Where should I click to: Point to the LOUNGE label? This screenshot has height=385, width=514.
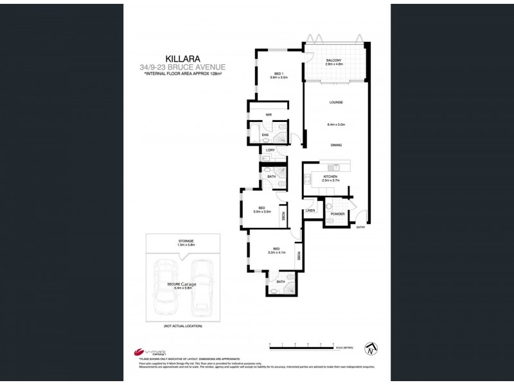tap(336, 103)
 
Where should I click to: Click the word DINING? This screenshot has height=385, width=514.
tap(336, 146)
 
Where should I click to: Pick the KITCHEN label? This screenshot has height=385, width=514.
tap(331, 176)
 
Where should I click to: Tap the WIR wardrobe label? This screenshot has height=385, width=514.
tap(261, 115)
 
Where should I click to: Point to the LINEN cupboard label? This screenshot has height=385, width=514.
tap(310, 210)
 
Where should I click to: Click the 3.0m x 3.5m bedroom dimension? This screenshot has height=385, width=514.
tap(262, 211)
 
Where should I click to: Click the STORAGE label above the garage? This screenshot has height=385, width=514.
tap(186, 241)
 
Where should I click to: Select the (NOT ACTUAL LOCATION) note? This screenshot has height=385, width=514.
tap(183, 327)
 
